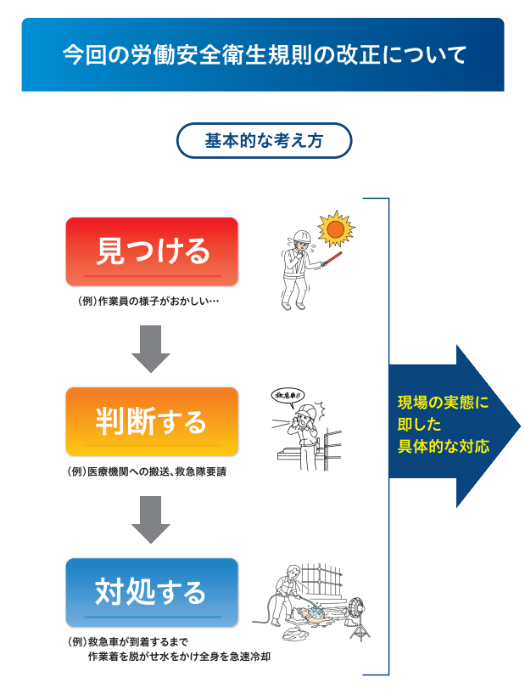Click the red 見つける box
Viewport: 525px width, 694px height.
click(x=152, y=251)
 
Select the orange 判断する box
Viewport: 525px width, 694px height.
click(x=152, y=421)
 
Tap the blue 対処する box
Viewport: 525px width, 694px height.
click(x=152, y=592)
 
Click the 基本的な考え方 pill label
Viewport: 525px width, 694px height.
click(x=264, y=141)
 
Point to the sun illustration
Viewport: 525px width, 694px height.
click(x=336, y=229)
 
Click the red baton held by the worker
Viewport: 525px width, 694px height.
click(x=332, y=259)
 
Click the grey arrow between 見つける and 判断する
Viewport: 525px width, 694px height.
click(x=151, y=349)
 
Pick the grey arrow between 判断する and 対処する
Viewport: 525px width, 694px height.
click(x=151, y=520)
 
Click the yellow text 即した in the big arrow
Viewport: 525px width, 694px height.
click(x=419, y=425)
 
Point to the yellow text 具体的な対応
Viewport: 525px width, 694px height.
click(x=444, y=446)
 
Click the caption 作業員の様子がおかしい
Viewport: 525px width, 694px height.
click(x=148, y=302)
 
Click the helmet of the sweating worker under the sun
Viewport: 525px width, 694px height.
click(x=302, y=235)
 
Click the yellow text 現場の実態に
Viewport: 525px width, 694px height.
click(x=444, y=403)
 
